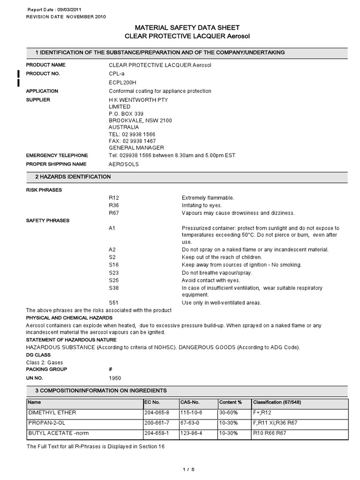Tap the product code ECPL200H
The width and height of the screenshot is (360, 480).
point(123,82)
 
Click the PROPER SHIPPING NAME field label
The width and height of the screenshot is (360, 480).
point(56,164)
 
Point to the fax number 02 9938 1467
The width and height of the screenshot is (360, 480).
point(132,141)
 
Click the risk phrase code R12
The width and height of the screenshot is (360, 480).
point(114,198)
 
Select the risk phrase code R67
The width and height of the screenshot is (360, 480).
point(114,213)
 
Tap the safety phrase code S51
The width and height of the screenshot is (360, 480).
point(114,303)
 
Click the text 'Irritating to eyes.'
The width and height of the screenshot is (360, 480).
point(202,205)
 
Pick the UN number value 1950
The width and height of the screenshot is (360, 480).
point(114,378)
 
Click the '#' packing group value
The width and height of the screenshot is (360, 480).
point(111,369)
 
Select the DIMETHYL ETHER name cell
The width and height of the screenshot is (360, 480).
point(52,412)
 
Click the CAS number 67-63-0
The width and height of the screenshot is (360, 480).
point(190,423)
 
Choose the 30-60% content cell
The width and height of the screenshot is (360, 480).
point(229,412)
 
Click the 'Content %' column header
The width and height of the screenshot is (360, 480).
point(231,402)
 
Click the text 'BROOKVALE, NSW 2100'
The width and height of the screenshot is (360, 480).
point(140,120)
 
